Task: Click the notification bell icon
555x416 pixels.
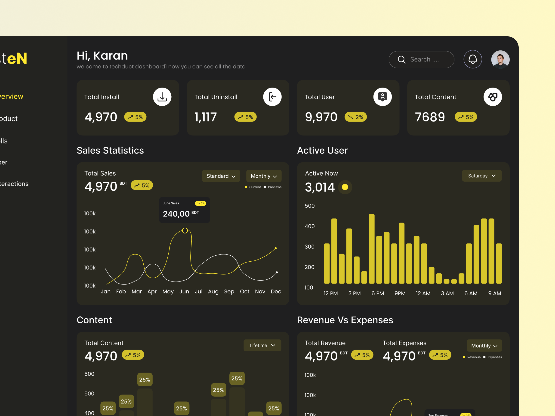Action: tap(473, 59)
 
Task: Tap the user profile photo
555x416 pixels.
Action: tap(500, 59)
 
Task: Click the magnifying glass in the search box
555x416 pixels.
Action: tap(401, 59)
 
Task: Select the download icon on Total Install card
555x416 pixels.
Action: tap(162, 97)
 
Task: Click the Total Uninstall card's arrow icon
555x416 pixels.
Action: tap(272, 97)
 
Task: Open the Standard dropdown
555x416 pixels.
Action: tap(221, 176)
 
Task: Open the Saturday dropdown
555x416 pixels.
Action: tap(481, 176)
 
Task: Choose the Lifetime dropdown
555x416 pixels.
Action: tap(262, 346)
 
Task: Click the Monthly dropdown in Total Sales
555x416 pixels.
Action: tap(264, 176)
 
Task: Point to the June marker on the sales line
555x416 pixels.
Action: tap(185, 230)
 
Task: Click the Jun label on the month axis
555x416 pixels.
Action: tap(184, 291)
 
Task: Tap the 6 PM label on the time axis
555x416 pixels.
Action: tap(378, 293)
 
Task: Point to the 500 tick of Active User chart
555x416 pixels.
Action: tap(309, 206)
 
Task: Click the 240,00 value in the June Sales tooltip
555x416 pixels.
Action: tap(176, 214)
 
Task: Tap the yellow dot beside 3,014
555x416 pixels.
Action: tap(345, 187)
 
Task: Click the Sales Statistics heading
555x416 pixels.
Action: tap(110, 150)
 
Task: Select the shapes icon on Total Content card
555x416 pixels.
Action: tap(493, 97)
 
